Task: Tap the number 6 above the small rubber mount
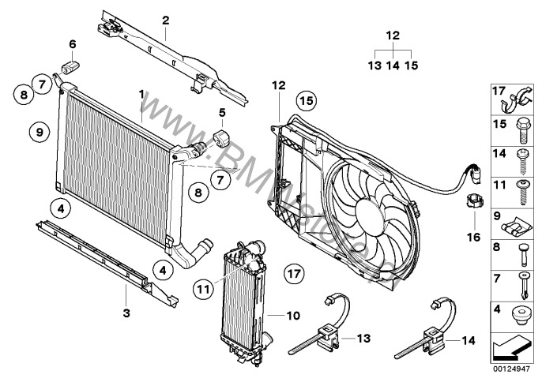tap(72, 44)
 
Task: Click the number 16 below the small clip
tap(474, 235)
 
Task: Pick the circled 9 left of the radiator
tap(38, 132)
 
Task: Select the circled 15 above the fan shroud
tap(306, 100)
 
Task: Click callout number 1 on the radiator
tap(141, 94)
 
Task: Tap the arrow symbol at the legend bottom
tap(511, 344)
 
